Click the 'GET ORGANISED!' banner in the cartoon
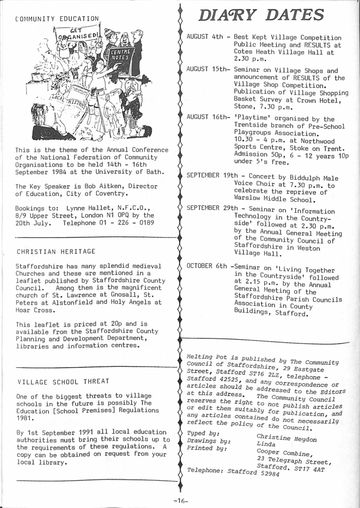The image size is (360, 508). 78,35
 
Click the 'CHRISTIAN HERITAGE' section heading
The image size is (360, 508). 56,251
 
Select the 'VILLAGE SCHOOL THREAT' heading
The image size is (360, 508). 63,381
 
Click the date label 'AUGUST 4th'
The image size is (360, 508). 205,38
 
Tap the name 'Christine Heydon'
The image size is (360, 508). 286,439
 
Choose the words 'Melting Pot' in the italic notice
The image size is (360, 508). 205,357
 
